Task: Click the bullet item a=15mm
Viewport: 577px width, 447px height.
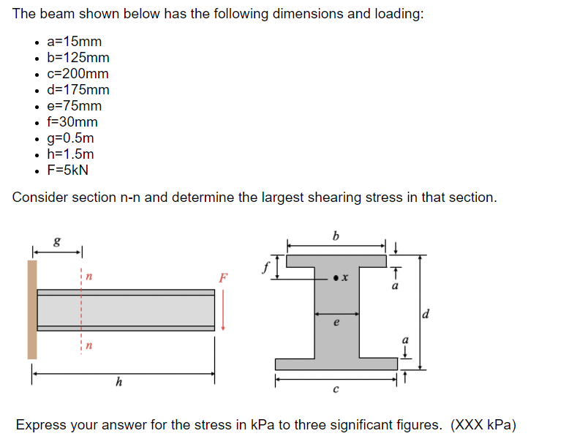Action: click(x=74, y=41)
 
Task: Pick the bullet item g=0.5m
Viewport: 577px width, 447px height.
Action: click(x=70, y=138)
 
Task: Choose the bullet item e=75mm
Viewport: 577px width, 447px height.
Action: click(x=74, y=105)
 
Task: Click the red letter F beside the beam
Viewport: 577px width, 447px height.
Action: click(x=223, y=278)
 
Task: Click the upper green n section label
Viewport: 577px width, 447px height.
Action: click(x=88, y=276)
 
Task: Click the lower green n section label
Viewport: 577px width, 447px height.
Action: click(x=88, y=345)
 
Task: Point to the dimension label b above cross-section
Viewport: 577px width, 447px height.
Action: click(x=336, y=236)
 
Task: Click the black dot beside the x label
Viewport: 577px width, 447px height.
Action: click(x=334, y=278)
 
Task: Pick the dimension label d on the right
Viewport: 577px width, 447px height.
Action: click(x=427, y=315)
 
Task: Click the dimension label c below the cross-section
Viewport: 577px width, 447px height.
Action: click(x=336, y=389)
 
